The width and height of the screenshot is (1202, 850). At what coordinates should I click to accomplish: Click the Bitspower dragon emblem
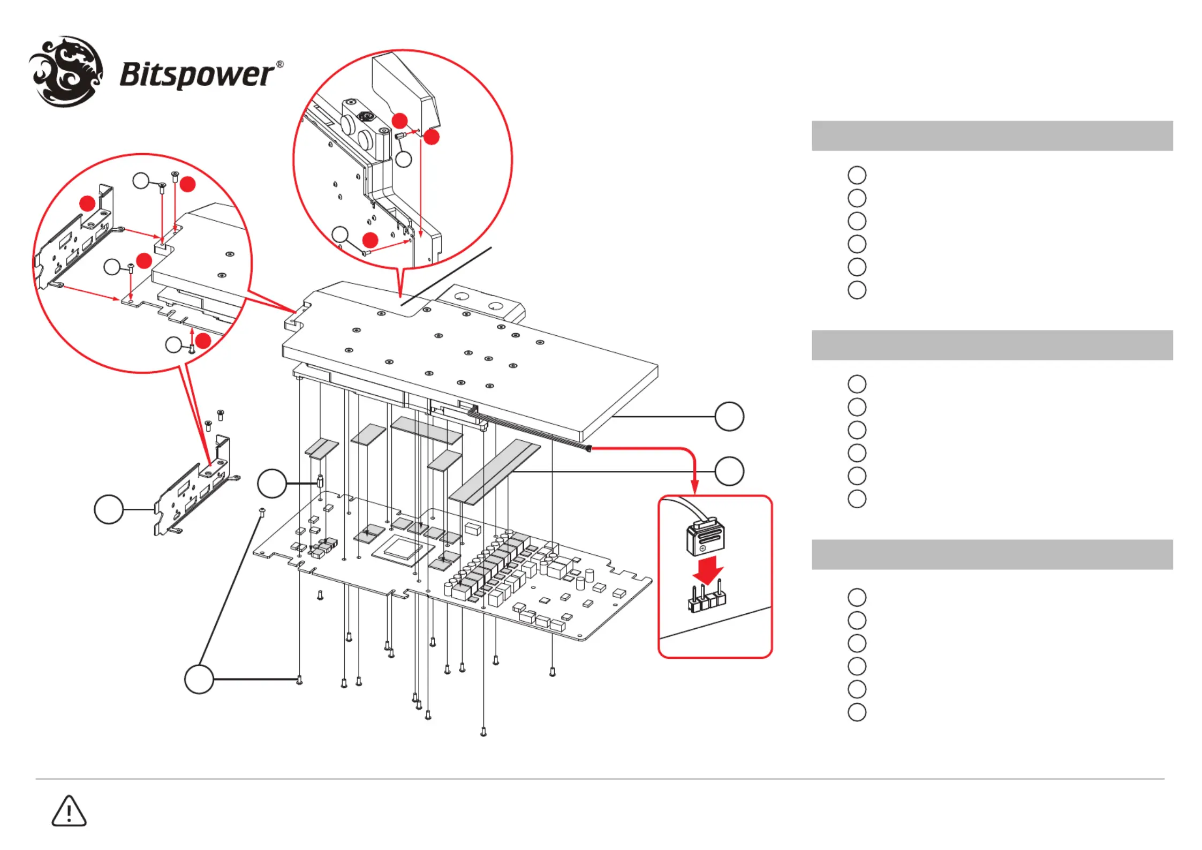tap(66, 71)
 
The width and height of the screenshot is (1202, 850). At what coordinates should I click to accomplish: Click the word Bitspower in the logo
tap(196, 75)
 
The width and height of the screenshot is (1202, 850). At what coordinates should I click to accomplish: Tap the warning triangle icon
tap(69, 811)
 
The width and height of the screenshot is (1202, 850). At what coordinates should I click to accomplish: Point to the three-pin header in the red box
tap(707, 599)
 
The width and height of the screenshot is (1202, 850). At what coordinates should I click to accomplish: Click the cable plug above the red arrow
tap(705, 537)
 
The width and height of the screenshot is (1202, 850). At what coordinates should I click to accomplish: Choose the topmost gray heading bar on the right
tap(992, 136)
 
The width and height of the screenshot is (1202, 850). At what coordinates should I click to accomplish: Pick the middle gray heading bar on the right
tap(992, 345)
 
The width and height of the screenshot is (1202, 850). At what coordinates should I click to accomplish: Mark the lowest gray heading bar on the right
tap(992, 554)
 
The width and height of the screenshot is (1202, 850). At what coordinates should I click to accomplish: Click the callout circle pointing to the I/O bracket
tap(109, 509)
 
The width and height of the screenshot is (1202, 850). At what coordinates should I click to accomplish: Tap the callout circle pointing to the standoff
tap(272, 484)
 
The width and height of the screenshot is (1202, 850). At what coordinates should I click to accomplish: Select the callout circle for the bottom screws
tap(199, 679)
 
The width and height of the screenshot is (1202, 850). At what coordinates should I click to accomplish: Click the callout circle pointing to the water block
tap(729, 416)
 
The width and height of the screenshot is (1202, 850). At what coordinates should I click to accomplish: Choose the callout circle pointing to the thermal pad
tap(729, 471)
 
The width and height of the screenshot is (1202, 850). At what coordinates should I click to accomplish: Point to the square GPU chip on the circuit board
tap(400, 549)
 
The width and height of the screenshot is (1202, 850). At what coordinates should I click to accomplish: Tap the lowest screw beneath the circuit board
tap(483, 732)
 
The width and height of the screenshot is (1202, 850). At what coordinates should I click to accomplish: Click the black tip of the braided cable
tap(588, 448)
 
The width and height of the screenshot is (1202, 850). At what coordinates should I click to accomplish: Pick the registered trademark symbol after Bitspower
tap(279, 64)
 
